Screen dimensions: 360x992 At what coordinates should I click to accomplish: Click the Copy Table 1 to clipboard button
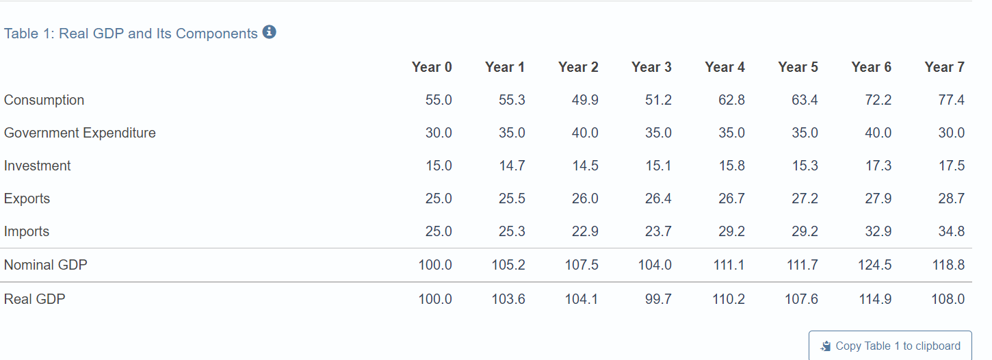pyautogui.click(x=891, y=346)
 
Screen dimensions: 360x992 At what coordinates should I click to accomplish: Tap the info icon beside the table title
pyautogui.click(x=270, y=32)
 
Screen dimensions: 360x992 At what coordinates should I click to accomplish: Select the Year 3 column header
pyautogui.click(x=651, y=67)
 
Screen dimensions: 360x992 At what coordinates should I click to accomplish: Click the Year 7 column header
pyautogui.click(x=944, y=67)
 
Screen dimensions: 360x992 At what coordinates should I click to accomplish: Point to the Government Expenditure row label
pyautogui.click(x=80, y=133)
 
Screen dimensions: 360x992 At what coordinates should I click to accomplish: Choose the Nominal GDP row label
pyautogui.click(x=46, y=265)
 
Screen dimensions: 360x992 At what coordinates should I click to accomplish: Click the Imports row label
pyautogui.click(x=27, y=231)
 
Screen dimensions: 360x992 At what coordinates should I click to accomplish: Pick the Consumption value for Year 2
pyautogui.click(x=585, y=100)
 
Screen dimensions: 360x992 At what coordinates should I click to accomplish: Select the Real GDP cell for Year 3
pyautogui.click(x=658, y=299)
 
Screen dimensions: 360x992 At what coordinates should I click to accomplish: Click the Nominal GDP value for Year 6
pyautogui.click(x=874, y=265)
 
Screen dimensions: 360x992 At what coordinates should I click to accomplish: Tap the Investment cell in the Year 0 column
pyautogui.click(x=439, y=166)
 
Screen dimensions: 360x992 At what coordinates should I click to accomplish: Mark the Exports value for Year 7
pyautogui.click(x=951, y=198)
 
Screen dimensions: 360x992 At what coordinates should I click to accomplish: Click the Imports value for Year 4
pyautogui.click(x=731, y=231)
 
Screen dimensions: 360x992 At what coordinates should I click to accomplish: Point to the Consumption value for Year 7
pyautogui.click(x=951, y=100)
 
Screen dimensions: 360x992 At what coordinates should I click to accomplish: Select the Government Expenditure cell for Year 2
pyautogui.click(x=585, y=133)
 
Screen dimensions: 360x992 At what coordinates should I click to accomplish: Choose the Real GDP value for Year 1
pyautogui.click(x=508, y=299)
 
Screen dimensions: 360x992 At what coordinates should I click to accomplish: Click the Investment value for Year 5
pyautogui.click(x=805, y=166)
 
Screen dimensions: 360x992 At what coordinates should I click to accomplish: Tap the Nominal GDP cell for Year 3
pyautogui.click(x=655, y=265)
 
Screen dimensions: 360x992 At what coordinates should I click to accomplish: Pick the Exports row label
pyautogui.click(x=27, y=198)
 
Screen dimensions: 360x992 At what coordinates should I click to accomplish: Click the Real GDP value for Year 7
pyautogui.click(x=948, y=299)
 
